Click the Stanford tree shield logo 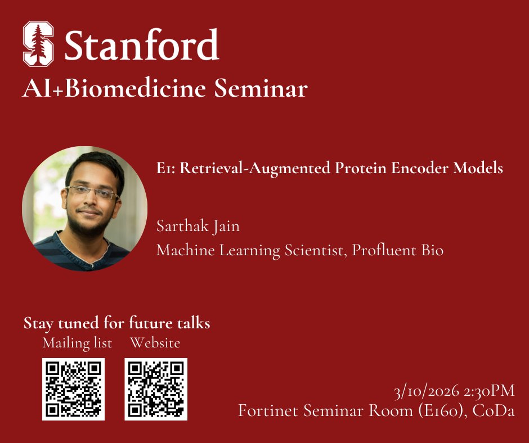tap(38, 44)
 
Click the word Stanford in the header tap(141, 45)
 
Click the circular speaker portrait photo tap(84, 209)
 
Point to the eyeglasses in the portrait tap(92, 193)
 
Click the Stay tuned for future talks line tap(117, 323)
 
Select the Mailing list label tap(77, 342)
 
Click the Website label tap(155, 342)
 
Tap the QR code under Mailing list tap(73, 389)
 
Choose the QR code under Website tap(156, 389)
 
